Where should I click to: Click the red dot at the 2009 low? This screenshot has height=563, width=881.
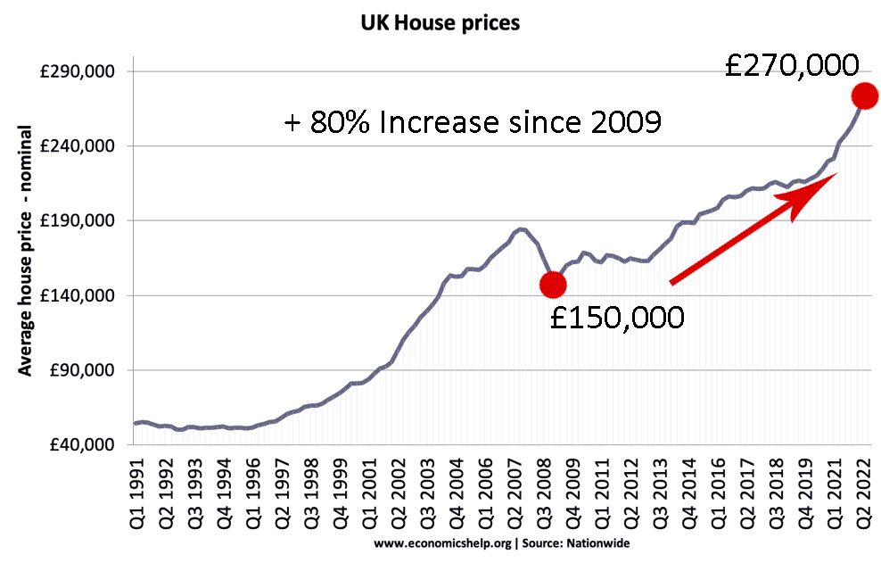(553, 284)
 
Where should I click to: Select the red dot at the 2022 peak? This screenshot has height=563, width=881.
(864, 95)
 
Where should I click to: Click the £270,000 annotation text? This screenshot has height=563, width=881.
(792, 67)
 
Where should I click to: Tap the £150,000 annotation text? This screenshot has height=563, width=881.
(617, 317)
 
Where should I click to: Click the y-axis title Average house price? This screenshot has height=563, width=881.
(26, 250)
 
